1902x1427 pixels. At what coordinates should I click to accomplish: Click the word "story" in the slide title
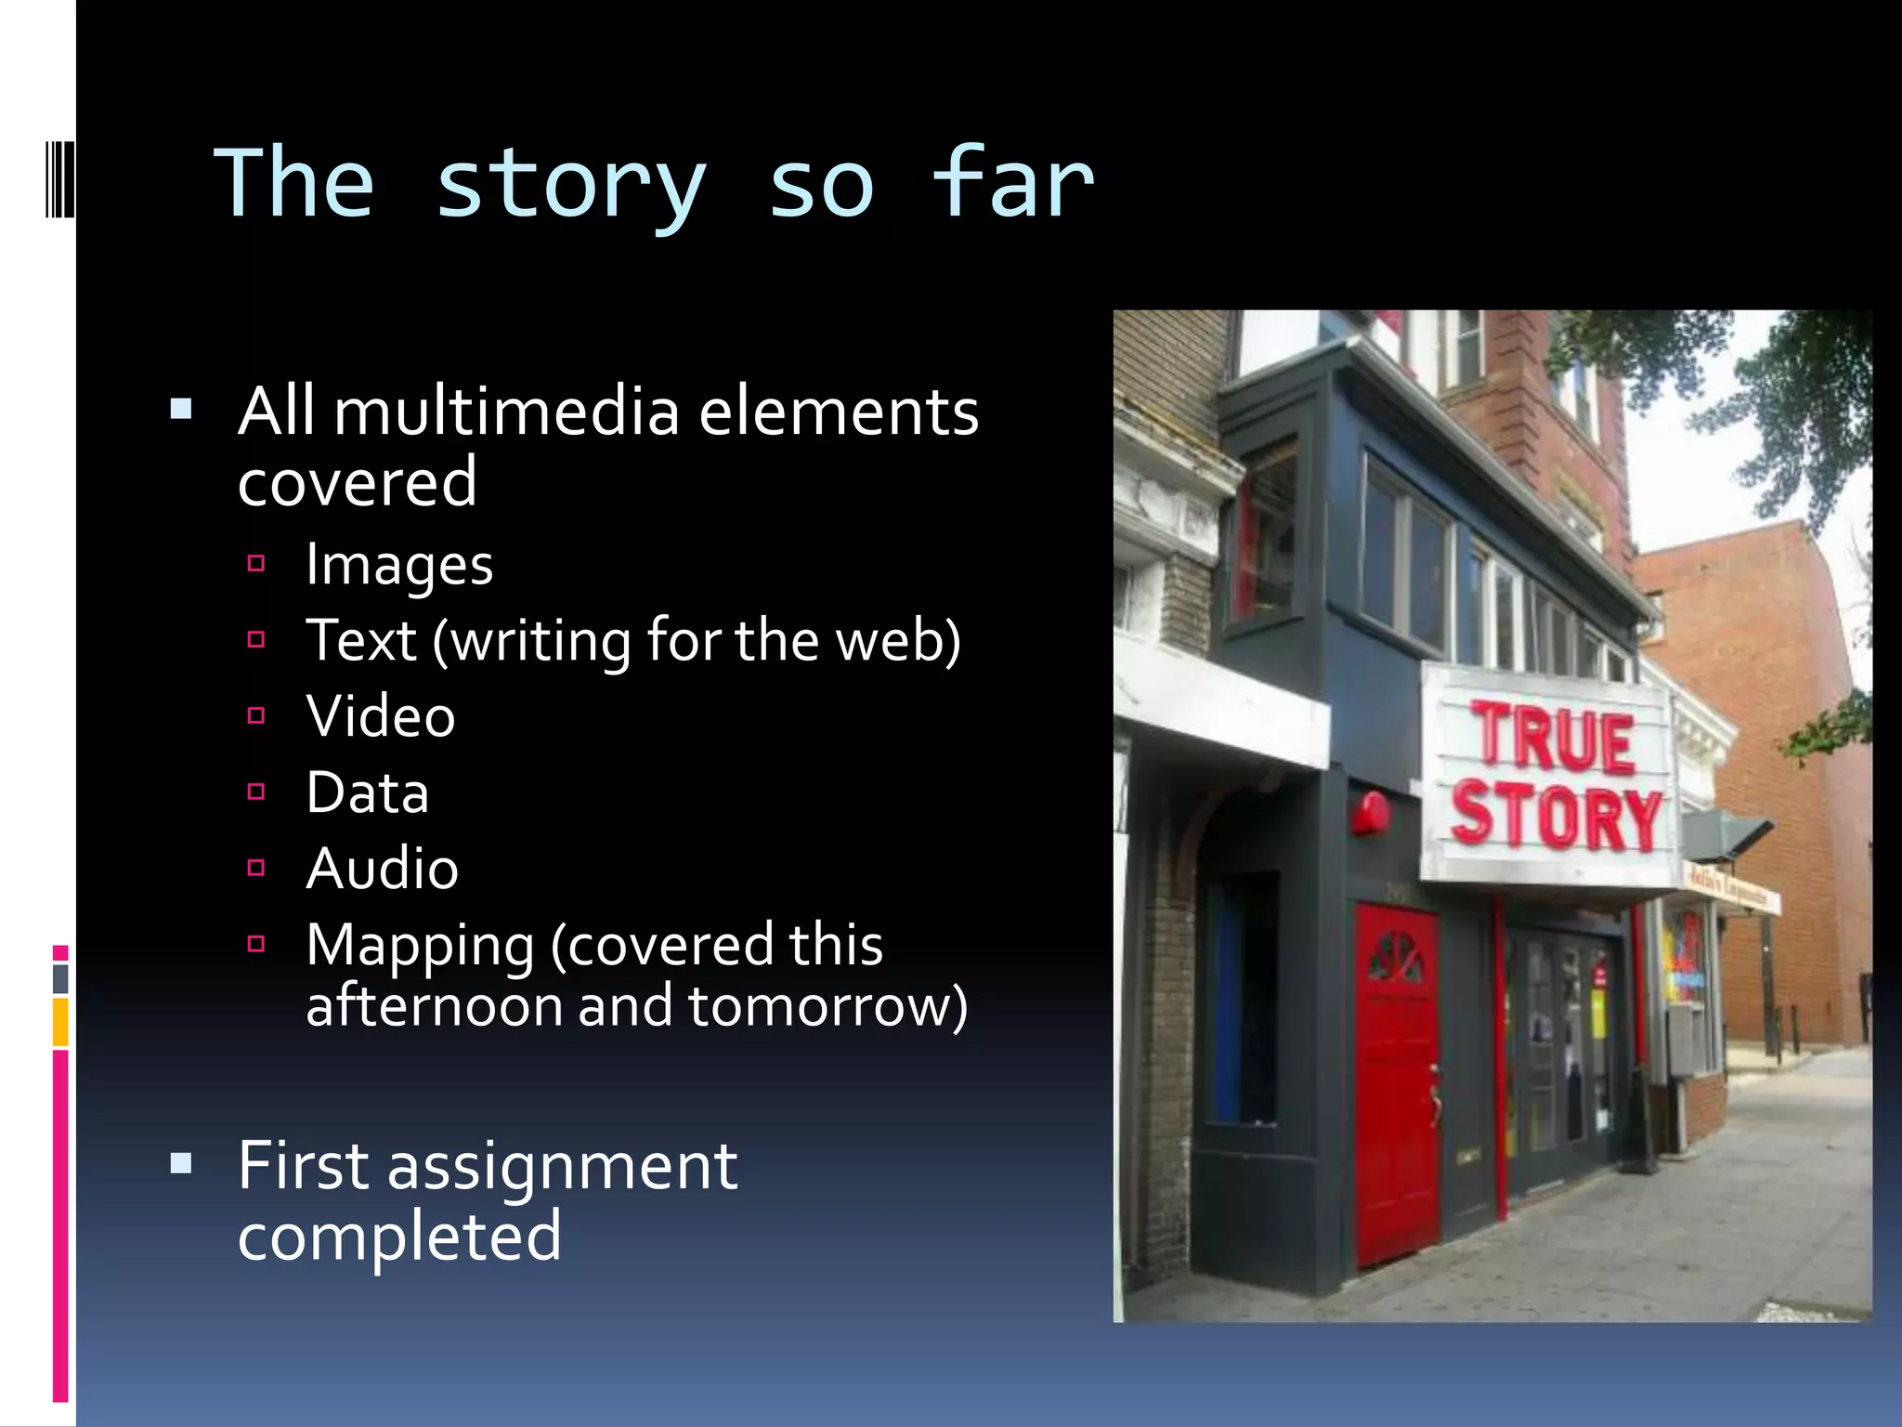[570, 186]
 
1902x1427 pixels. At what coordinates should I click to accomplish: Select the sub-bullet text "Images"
[399, 565]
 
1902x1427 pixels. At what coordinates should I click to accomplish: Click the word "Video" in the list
[381, 716]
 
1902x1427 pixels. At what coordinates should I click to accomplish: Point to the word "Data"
[368, 792]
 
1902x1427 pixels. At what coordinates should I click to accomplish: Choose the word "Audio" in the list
[382, 869]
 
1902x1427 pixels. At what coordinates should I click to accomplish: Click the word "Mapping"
[420, 946]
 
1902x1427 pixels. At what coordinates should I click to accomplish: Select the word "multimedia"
[507, 412]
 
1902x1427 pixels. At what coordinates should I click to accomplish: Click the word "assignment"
[562, 1166]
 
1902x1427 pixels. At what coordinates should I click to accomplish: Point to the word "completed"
[399, 1237]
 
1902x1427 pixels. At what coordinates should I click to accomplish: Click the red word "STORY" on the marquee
[1556, 817]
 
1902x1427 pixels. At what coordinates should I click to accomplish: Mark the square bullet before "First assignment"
[181, 1164]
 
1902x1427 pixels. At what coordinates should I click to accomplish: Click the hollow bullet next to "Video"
[257, 715]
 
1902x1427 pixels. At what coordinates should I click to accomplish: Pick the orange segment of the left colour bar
[60, 1022]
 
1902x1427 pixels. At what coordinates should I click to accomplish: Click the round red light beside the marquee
[1371, 811]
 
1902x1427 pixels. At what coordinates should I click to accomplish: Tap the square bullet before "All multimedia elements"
[181, 409]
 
